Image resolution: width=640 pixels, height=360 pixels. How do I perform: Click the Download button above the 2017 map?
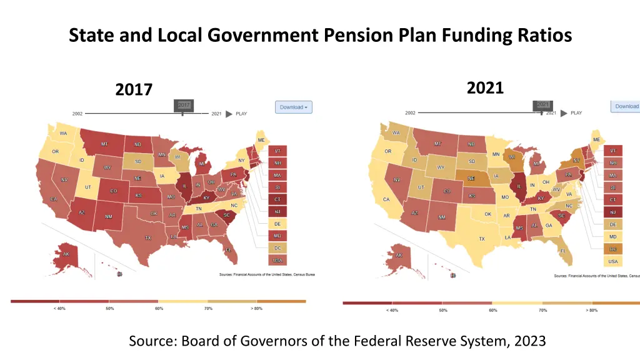click(293, 107)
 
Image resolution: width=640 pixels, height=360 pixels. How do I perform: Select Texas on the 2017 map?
click(148, 237)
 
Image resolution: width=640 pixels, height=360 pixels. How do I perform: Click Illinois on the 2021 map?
click(519, 186)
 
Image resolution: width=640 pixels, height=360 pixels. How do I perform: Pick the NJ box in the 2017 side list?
click(277, 212)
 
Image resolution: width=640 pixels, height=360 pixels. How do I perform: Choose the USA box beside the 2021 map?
click(613, 261)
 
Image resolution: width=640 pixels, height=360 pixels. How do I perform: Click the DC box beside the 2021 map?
click(613, 249)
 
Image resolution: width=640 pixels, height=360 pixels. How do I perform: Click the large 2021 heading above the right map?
click(485, 88)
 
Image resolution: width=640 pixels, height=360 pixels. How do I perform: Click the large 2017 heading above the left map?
click(134, 90)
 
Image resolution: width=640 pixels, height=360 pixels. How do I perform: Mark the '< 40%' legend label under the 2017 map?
click(59, 309)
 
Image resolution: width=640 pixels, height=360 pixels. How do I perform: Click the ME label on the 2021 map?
click(596, 139)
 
